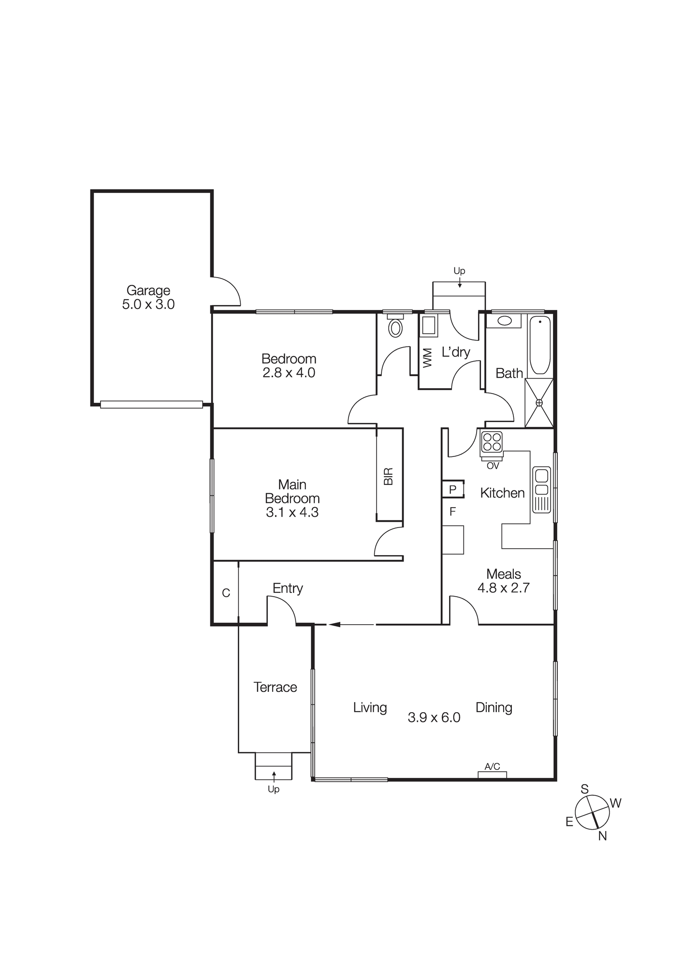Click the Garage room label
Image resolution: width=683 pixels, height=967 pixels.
pos(148,290)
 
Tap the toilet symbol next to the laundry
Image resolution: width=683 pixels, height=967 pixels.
pos(395,327)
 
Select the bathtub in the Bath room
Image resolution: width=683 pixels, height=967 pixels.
pos(539,345)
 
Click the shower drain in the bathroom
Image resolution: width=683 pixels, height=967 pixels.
pos(539,403)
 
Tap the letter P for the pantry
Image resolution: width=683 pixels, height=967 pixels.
pos(452,489)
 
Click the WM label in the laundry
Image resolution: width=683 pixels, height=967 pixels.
pos(427,358)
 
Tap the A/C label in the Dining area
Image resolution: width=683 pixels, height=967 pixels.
pos(492,766)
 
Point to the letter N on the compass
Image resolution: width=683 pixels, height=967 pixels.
pos(602,836)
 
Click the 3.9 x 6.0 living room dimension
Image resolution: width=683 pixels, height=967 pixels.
pos(434,718)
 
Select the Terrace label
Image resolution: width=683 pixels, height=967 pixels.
pos(275,687)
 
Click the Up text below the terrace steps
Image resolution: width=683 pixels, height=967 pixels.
pos(274,789)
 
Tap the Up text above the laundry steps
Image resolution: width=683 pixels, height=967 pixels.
pos(459,271)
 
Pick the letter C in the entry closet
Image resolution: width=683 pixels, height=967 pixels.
pos(226,593)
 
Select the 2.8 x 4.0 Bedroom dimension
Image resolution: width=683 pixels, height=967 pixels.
pos(289,373)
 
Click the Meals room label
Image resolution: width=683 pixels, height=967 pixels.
pos(503,574)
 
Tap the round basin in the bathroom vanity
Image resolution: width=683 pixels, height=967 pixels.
pos(504,321)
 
